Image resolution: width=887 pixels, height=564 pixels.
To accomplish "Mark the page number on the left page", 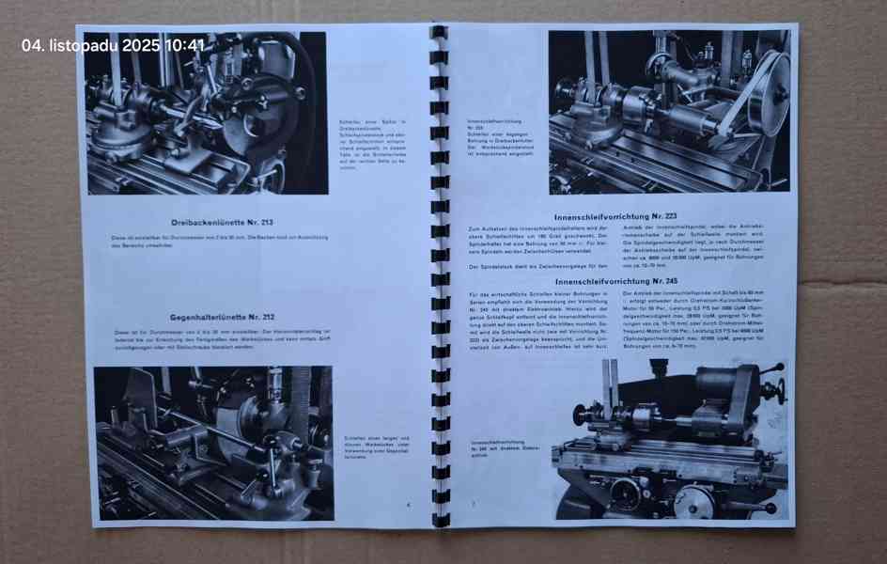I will coord(409,505).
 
